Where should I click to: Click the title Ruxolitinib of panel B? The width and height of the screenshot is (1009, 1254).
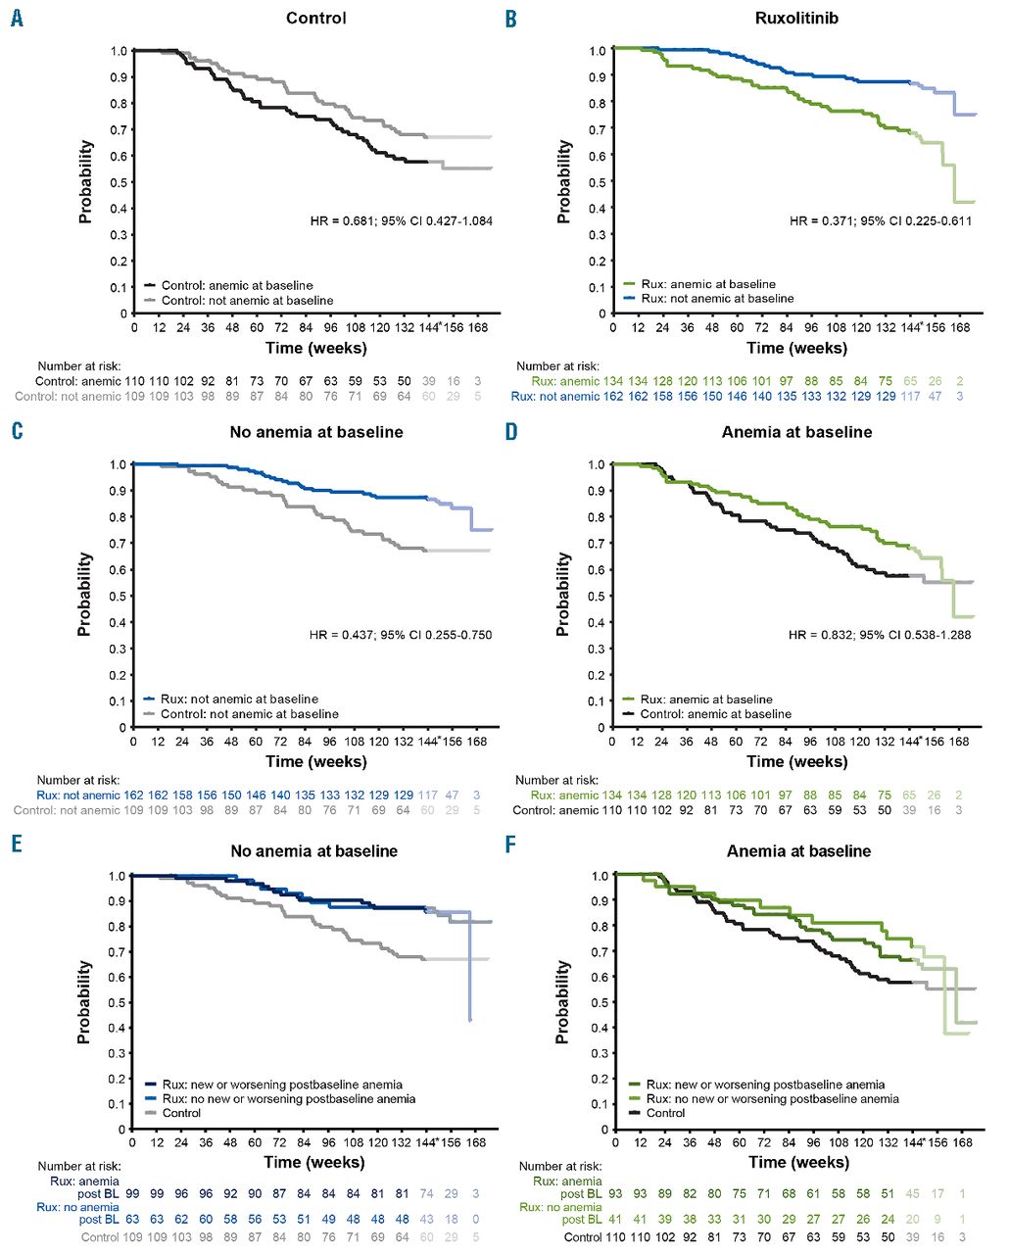(796, 19)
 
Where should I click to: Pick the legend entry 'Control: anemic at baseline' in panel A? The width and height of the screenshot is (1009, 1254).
(237, 286)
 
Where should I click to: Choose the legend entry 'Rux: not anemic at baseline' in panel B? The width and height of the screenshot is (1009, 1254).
(717, 299)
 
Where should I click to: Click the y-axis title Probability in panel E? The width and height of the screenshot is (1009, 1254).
(84, 1001)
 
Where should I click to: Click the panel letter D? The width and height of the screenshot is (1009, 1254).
(510, 432)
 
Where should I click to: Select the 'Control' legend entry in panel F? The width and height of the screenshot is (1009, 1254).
(665, 1113)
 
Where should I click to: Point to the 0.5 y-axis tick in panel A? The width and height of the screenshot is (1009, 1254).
(118, 182)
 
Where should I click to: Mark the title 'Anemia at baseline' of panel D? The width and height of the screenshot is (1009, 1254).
(796, 432)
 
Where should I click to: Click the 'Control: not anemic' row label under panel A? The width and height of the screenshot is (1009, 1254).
(68, 397)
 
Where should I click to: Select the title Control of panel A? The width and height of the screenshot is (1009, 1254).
(315, 19)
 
